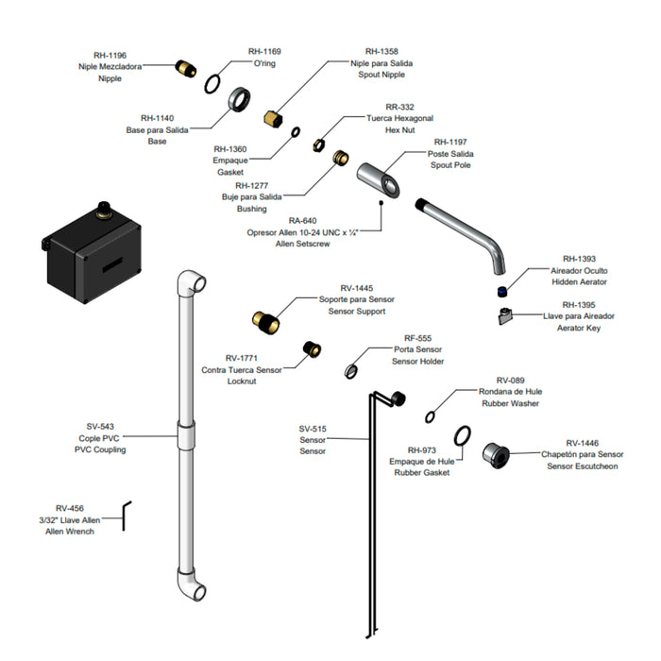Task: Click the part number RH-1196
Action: pyautogui.click(x=110, y=55)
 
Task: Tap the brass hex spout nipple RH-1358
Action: pyautogui.click(x=274, y=118)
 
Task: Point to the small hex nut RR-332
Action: pyautogui.click(x=319, y=144)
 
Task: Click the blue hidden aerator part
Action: pyautogui.click(x=501, y=291)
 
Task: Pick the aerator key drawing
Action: pyautogui.click(x=504, y=316)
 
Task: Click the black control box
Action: pyautogui.click(x=92, y=252)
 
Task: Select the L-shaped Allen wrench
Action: pyautogui.click(x=125, y=515)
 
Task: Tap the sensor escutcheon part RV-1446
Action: pyautogui.click(x=496, y=455)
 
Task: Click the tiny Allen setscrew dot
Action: pyautogui.click(x=381, y=203)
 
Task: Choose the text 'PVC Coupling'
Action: pyautogui.click(x=100, y=449)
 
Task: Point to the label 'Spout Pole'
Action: pyautogui.click(x=450, y=165)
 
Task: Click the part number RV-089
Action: pyautogui.click(x=510, y=381)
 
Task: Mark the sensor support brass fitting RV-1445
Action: pyautogui.click(x=265, y=322)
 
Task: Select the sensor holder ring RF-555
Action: pyautogui.click(x=350, y=371)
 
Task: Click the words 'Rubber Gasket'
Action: pyautogui.click(x=421, y=472)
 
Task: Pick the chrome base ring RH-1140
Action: pyautogui.click(x=240, y=99)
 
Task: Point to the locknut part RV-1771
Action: pyautogui.click(x=312, y=349)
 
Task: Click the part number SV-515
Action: pyautogui.click(x=313, y=429)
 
